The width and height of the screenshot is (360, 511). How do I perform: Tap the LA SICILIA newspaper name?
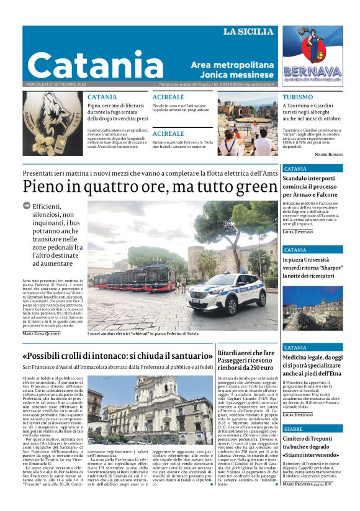pos(248,32)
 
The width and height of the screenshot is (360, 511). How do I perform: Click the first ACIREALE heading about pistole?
pos(168,97)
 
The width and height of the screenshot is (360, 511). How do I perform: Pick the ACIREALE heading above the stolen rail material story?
pos(168,133)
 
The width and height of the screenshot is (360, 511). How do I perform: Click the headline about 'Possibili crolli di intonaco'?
pos(117,356)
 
